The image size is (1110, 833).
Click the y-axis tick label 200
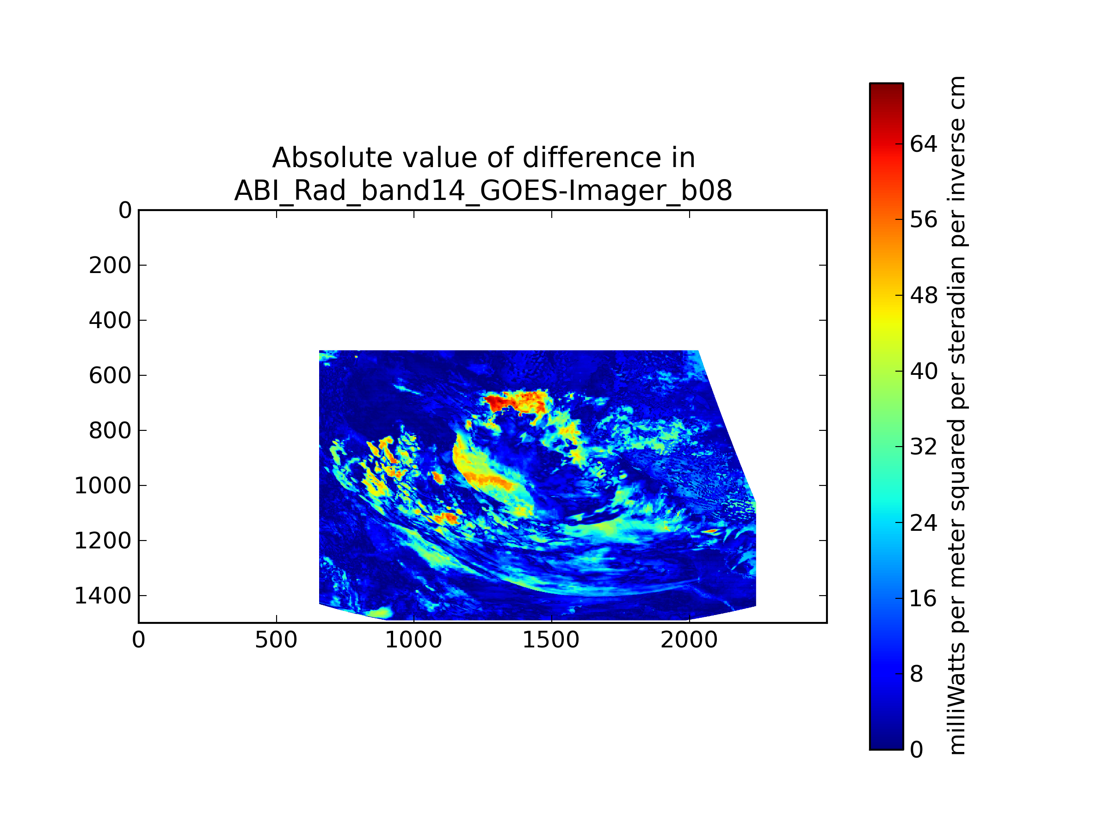(110, 266)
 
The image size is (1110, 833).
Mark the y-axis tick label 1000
(103, 486)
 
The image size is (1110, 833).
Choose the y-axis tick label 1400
(103, 596)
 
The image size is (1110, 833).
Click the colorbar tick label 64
(923, 144)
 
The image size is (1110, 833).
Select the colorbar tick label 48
(923, 296)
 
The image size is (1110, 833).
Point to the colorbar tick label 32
(923, 447)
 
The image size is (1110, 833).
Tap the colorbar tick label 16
(923, 598)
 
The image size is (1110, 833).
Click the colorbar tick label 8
(916, 674)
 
